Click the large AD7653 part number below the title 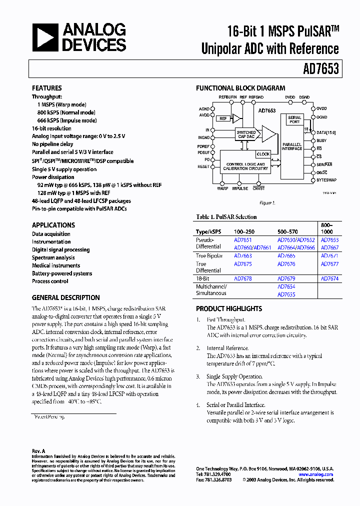[x=320, y=68]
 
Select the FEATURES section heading [x=47, y=88]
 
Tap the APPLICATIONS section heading [x=53, y=225]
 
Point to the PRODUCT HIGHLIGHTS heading [x=229, y=308]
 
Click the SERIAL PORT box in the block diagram [x=294, y=120]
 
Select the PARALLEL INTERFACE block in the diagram [x=291, y=146]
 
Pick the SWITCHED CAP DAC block [x=246, y=134]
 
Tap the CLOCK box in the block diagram [x=263, y=154]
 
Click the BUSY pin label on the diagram [x=321, y=140]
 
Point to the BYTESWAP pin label [x=326, y=179]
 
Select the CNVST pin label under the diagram [x=258, y=188]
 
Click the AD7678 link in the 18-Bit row [x=243, y=278]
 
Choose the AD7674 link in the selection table [x=329, y=278]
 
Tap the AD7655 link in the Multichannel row [x=286, y=294]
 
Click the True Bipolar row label [x=208, y=255]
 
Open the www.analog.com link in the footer [x=316, y=474]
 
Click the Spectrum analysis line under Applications [x=53, y=257]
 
